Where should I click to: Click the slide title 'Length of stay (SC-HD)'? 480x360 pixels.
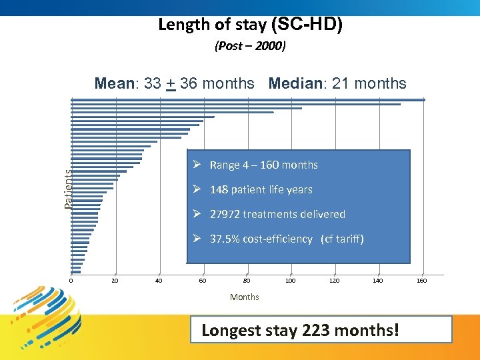point(251,25)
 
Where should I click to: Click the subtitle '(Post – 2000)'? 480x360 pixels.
point(250,47)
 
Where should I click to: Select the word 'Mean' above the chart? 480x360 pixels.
point(115,83)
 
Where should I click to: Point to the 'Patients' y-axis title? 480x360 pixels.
point(68,188)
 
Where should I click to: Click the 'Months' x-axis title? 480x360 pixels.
point(245,297)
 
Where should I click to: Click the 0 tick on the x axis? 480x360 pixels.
point(71,281)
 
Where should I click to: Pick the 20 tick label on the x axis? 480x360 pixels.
point(115,281)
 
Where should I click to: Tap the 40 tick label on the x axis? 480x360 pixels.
point(159,281)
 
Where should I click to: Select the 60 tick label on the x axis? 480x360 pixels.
point(203,281)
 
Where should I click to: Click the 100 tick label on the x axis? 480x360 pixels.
point(291,281)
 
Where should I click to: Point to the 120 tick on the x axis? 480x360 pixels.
point(335,281)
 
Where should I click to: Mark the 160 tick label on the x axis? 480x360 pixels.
point(422,281)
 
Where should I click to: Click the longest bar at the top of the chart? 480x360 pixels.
point(247,100)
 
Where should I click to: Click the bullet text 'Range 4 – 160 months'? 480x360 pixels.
point(263,165)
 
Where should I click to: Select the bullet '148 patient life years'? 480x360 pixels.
point(261,189)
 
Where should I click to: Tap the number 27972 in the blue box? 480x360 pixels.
point(224,214)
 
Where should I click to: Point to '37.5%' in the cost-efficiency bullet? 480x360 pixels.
point(223,239)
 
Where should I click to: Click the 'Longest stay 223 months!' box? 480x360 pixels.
point(321,330)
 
